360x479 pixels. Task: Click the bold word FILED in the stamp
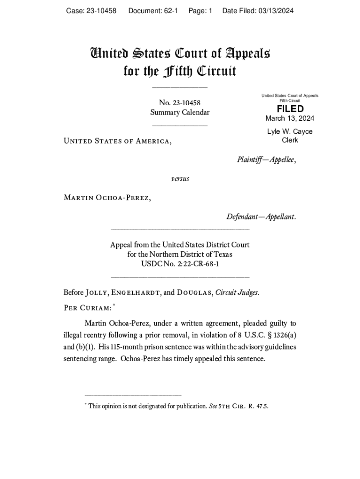pos(290,109)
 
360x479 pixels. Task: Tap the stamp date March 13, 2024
pos(290,118)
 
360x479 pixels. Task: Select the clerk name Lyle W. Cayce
pos(290,131)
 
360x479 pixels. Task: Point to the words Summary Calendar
pos(180,112)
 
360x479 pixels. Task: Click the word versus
pos(180,179)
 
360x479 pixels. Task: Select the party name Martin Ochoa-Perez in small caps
pos(107,197)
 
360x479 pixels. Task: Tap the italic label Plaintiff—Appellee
pos(266,160)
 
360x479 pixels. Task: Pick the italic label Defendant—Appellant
pos(261,217)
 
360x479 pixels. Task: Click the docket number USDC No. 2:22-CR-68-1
pos(180,264)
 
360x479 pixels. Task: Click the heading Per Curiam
pos(87,307)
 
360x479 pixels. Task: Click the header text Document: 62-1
pos(153,11)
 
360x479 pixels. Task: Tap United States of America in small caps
pos(117,141)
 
